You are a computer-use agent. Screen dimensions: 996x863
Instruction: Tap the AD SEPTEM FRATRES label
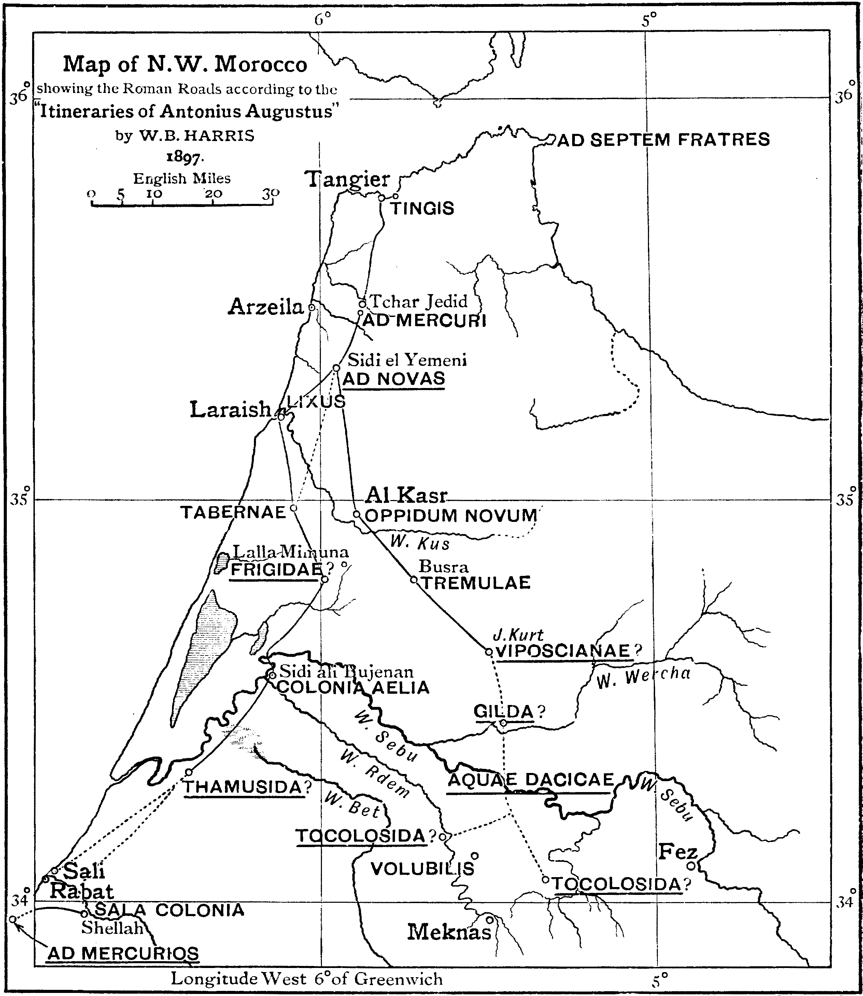[x=664, y=140]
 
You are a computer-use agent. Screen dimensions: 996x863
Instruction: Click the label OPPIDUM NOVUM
[x=451, y=515]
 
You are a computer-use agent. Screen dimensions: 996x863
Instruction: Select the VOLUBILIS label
[x=422, y=869]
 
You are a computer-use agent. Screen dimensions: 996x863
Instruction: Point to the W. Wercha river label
[x=643, y=677]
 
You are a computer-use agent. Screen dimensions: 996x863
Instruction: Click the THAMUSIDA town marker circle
[x=189, y=772]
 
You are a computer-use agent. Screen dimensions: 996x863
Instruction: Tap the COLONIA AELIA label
[x=353, y=688]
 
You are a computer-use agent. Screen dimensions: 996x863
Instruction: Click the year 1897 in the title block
[x=185, y=157]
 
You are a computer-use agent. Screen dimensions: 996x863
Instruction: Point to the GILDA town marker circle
[x=503, y=723]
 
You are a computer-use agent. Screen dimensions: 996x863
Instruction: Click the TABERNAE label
[x=233, y=513]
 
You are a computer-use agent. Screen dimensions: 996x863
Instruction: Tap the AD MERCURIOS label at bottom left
[x=123, y=953]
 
